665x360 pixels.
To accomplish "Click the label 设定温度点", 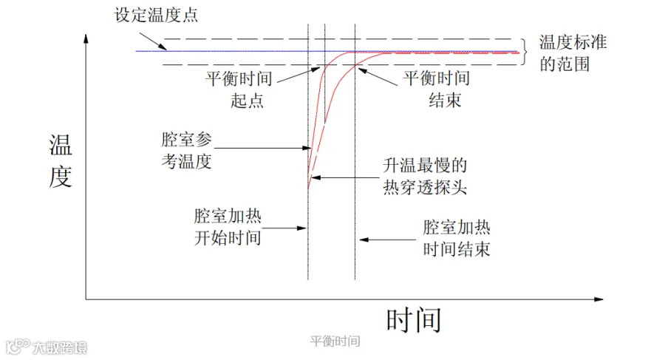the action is [x=156, y=16].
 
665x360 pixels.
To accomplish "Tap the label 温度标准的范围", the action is [x=573, y=53].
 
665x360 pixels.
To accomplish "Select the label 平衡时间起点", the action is [x=239, y=89].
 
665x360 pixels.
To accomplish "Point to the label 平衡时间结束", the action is [x=437, y=89].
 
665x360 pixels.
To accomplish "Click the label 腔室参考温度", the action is [x=186, y=150].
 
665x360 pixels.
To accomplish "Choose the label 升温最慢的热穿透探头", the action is [x=425, y=176].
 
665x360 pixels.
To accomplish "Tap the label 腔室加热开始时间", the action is [x=228, y=227].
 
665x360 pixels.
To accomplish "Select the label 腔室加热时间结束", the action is [x=457, y=238].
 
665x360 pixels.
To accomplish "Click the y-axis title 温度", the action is [x=61, y=160].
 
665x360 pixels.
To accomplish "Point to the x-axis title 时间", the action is [x=414, y=320].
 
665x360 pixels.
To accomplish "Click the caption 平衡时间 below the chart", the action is [x=335, y=341].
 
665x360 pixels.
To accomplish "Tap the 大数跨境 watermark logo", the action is [x=47, y=347].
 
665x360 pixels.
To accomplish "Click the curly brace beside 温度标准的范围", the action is [x=525, y=52].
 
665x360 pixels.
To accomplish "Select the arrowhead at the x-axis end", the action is [x=598, y=299].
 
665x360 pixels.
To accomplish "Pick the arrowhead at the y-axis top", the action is [x=86, y=38].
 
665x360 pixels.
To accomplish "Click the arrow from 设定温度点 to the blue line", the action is [x=153, y=42].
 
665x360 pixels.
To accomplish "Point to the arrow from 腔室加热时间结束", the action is [x=388, y=240].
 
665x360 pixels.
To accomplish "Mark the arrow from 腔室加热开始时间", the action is [x=284, y=228].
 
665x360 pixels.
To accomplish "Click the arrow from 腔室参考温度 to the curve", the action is [x=262, y=148].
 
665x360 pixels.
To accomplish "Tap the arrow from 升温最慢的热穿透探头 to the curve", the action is [x=345, y=177].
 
